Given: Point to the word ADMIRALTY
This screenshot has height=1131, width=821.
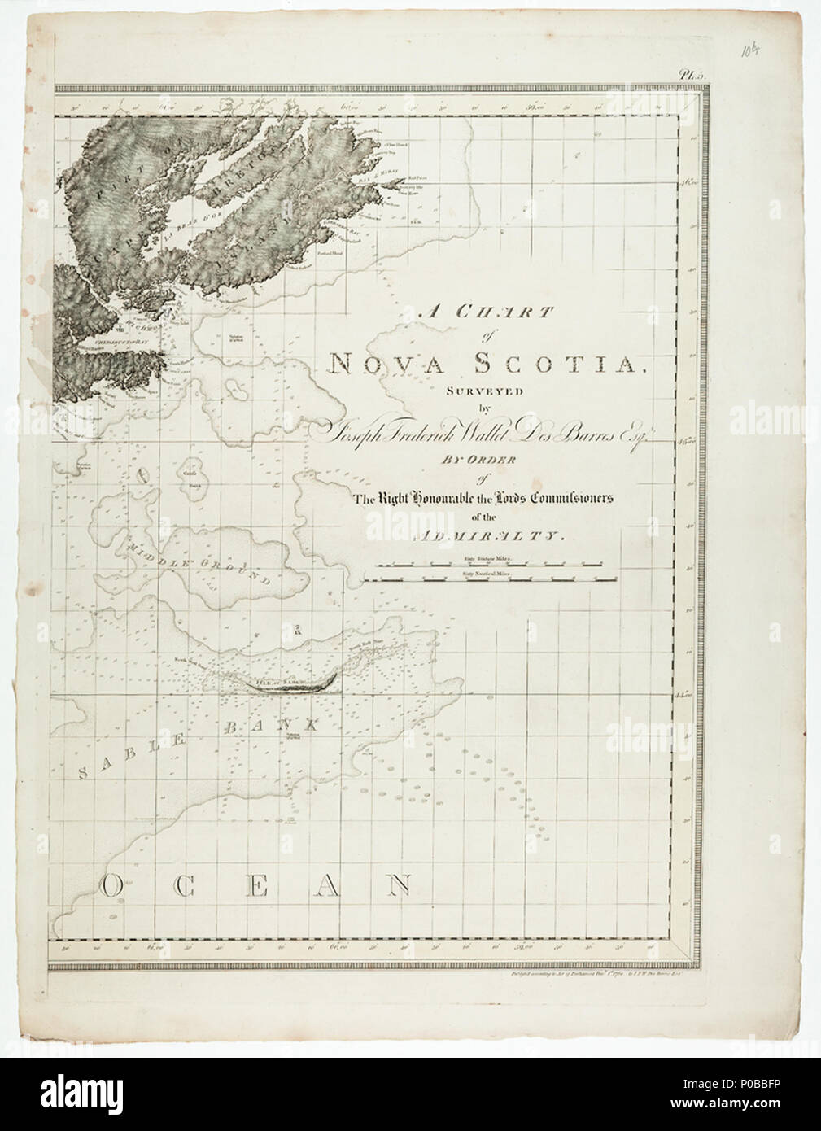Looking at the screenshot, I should [493, 537].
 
